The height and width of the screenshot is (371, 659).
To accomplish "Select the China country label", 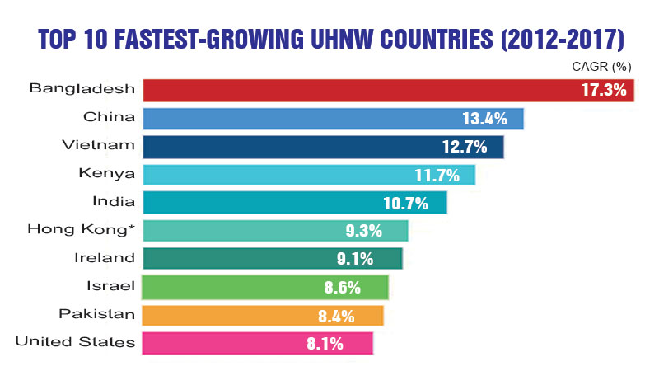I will pyautogui.click(x=115, y=118).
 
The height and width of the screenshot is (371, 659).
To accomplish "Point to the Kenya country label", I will pyautogui.click(x=110, y=174).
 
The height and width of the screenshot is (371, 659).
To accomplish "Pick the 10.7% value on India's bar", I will pyautogui.click(x=413, y=203).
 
